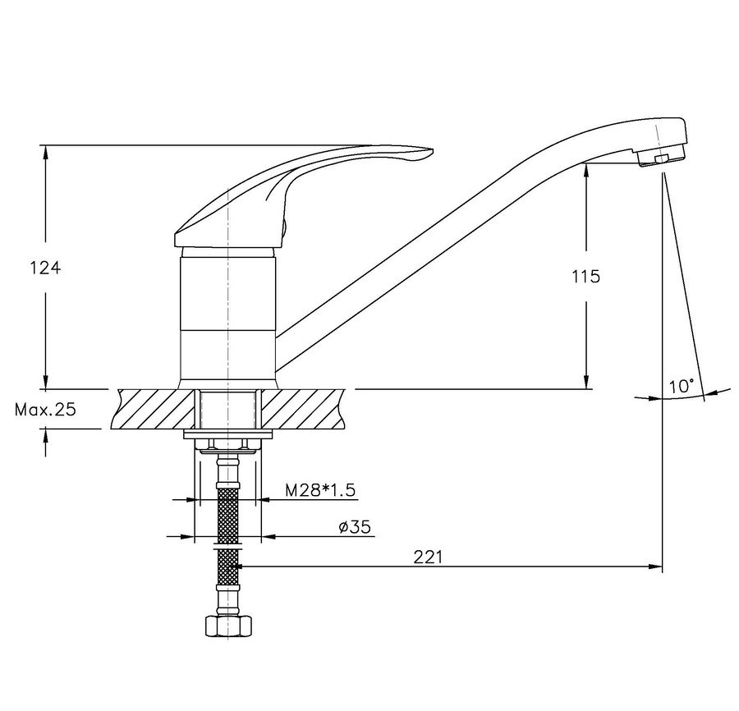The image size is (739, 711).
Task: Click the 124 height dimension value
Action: (46, 268)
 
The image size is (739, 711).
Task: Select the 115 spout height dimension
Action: (586, 276)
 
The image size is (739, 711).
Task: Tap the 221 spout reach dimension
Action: (429, 557)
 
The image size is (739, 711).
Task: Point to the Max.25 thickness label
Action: (45, 410)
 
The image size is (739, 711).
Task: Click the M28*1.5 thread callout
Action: (320, 490)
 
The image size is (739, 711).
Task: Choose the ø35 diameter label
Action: (355, 527)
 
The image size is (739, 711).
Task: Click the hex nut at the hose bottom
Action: (229, 626)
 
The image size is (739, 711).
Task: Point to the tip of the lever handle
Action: (433, 151)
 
